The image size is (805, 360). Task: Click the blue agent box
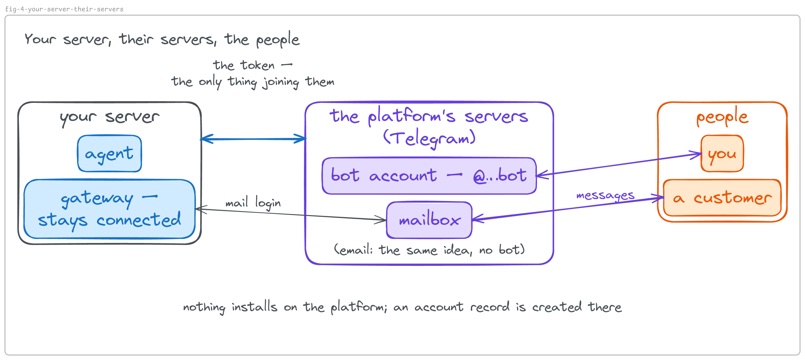[109, 154]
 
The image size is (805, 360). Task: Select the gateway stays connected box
[109, 209]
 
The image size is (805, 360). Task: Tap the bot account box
[429, 176]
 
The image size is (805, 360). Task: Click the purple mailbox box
[429, 220]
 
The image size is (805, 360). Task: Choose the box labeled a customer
[722, 198]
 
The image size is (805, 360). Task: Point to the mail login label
[253, 203]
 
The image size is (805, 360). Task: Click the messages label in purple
[605, 196]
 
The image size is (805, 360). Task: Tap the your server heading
[110, 118]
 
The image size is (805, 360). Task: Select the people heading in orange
[722, 117]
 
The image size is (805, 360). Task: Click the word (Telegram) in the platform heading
[429, 138]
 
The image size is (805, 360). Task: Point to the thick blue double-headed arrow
[253, 139]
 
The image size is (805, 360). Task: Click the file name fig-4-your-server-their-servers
[64, 9]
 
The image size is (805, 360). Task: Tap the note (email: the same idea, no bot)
[429, 250]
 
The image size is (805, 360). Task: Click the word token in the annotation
[257, 65]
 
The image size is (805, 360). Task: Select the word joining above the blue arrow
[281, 82]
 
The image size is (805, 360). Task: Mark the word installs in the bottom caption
[254, 307]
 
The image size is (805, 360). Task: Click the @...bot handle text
[500, 175]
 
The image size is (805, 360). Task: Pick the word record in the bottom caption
[490, 307]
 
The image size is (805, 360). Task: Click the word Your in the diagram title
[40, 39]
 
